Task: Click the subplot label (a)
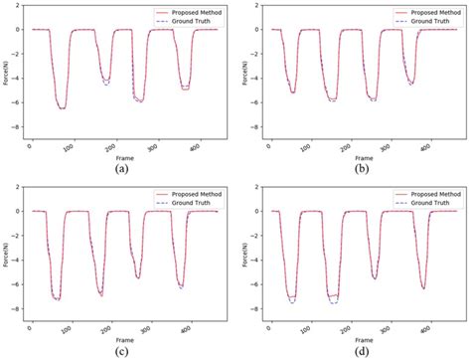(121, 169)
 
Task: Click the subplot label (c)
(121, 351)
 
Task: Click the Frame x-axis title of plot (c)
(121, 339)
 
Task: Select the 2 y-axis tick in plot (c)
(20, 187)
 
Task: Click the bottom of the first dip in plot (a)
(63, 107)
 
